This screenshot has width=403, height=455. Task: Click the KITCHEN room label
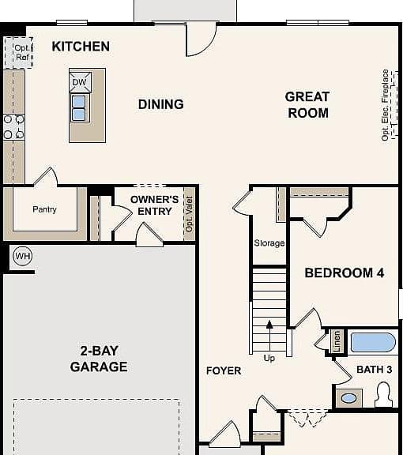81,47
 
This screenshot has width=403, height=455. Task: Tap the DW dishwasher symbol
80,82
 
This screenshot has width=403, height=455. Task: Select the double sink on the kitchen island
79,108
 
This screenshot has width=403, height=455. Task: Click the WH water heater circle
23,256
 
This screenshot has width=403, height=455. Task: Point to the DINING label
161,104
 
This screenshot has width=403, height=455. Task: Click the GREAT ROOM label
307,105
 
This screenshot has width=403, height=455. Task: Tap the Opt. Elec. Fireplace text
385,105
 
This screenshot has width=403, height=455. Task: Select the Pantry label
44,209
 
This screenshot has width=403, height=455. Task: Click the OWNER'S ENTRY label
155,205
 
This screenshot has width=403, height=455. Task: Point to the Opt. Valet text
189,214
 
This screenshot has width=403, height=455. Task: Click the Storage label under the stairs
269,243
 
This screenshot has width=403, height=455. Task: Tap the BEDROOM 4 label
345,273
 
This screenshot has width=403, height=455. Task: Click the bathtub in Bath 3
373,342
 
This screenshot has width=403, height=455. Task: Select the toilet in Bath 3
384,395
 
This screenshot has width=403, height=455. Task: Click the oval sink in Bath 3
348,398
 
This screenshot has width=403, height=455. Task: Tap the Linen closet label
337,341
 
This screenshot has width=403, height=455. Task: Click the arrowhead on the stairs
269,325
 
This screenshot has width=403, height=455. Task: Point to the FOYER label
224,370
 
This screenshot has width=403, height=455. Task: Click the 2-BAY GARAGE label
99,359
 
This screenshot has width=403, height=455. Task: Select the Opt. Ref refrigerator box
18,53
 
